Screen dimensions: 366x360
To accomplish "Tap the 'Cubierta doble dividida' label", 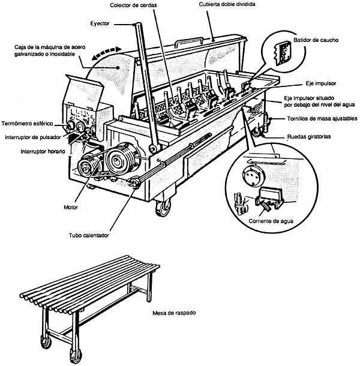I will coord(227,5).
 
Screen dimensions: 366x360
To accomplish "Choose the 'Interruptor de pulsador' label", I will coord(33,137).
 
